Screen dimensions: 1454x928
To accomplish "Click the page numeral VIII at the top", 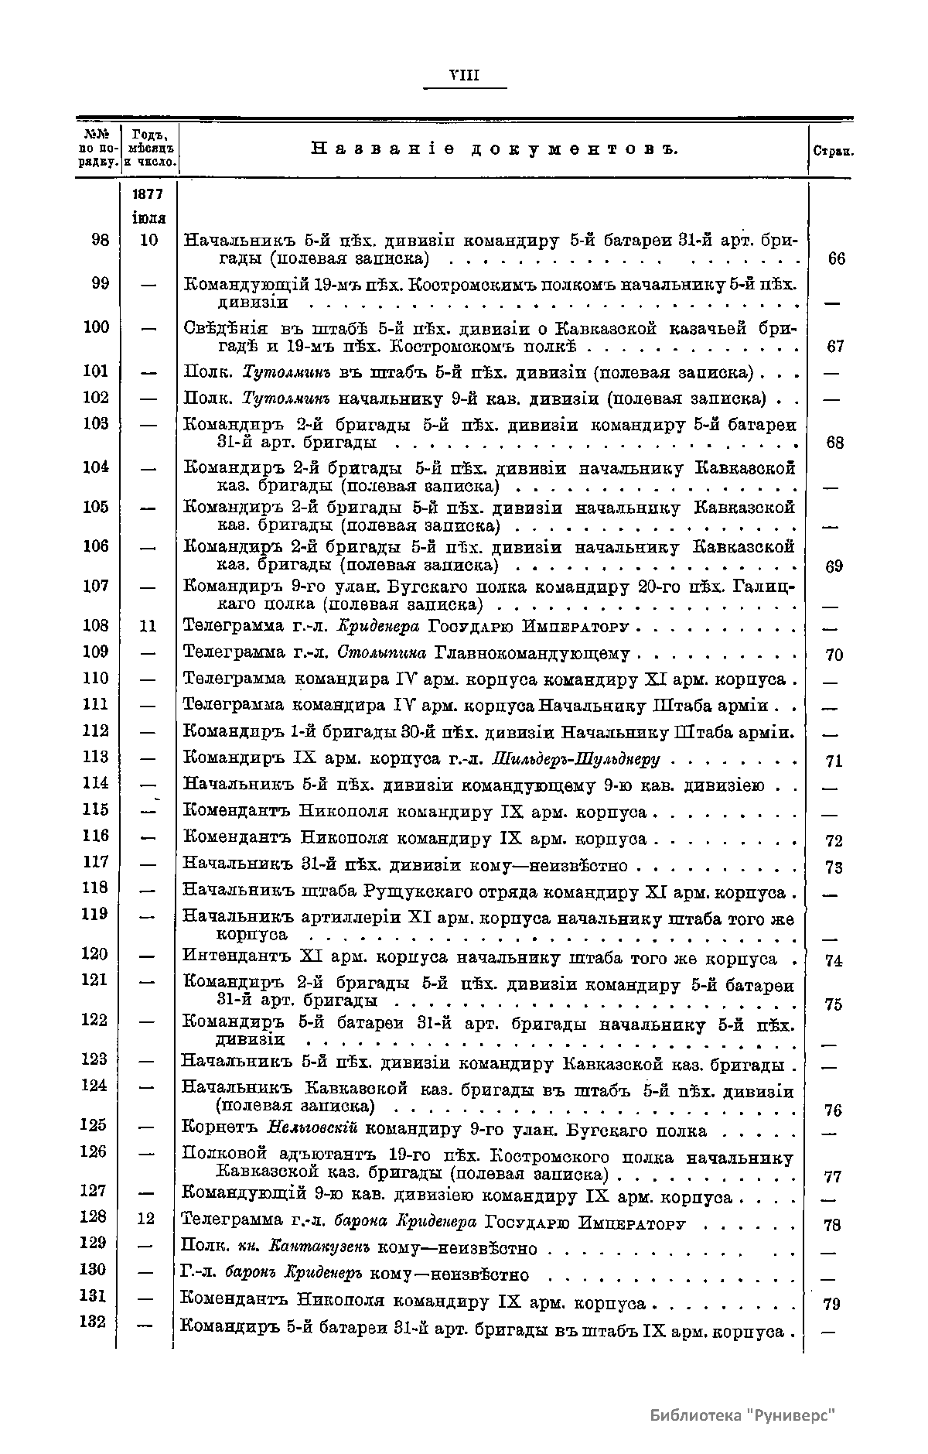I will [465, 75].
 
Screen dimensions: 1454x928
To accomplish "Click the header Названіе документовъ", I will [494, 149].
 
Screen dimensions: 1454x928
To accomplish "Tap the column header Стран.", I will [833, 152].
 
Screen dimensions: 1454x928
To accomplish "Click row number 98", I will [99, 240].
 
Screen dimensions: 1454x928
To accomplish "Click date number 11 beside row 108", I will [148, 625].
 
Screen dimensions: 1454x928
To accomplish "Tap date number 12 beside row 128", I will [146, 1219].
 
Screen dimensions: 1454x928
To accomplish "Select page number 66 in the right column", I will [836, 258].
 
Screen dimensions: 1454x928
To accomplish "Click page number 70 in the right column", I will [834, 655].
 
